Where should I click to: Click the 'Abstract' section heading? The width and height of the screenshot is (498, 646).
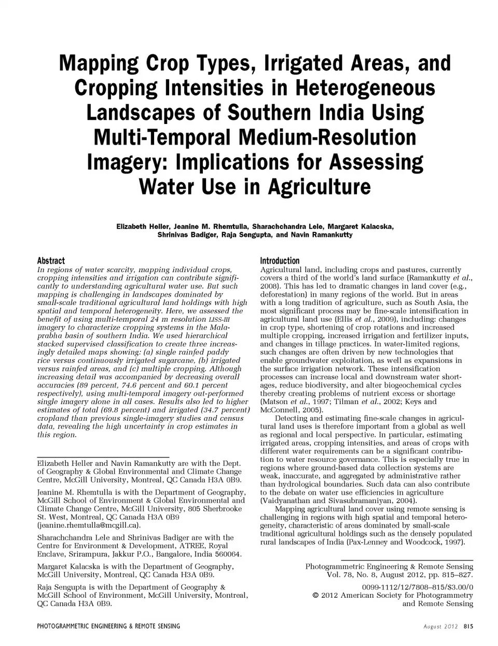point(51,261)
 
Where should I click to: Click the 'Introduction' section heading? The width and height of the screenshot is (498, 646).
point(280,261)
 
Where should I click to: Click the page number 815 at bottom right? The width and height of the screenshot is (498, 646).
point(468,627)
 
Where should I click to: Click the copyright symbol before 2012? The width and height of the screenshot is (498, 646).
point(315,596)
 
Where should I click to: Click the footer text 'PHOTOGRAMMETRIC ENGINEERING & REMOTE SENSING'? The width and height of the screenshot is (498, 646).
point(108,626)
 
